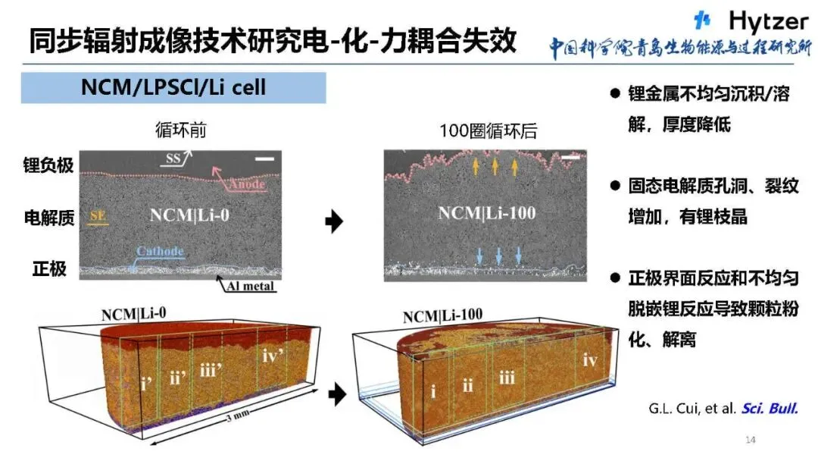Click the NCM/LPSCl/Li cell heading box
click(x=173, y=88)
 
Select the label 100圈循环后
click(x=488, y=130)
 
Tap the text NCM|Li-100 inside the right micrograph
click(x=486, y=213)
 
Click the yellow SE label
click(x=98, y=216)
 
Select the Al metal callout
click(x=248, y=286)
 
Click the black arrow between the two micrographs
click(x=334, y=222)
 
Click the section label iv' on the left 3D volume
click(x=272, y=355)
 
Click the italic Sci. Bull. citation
click(x=770, y=409)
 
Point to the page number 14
click(x=751, y=440)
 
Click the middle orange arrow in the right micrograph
click(x=495, y=165)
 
